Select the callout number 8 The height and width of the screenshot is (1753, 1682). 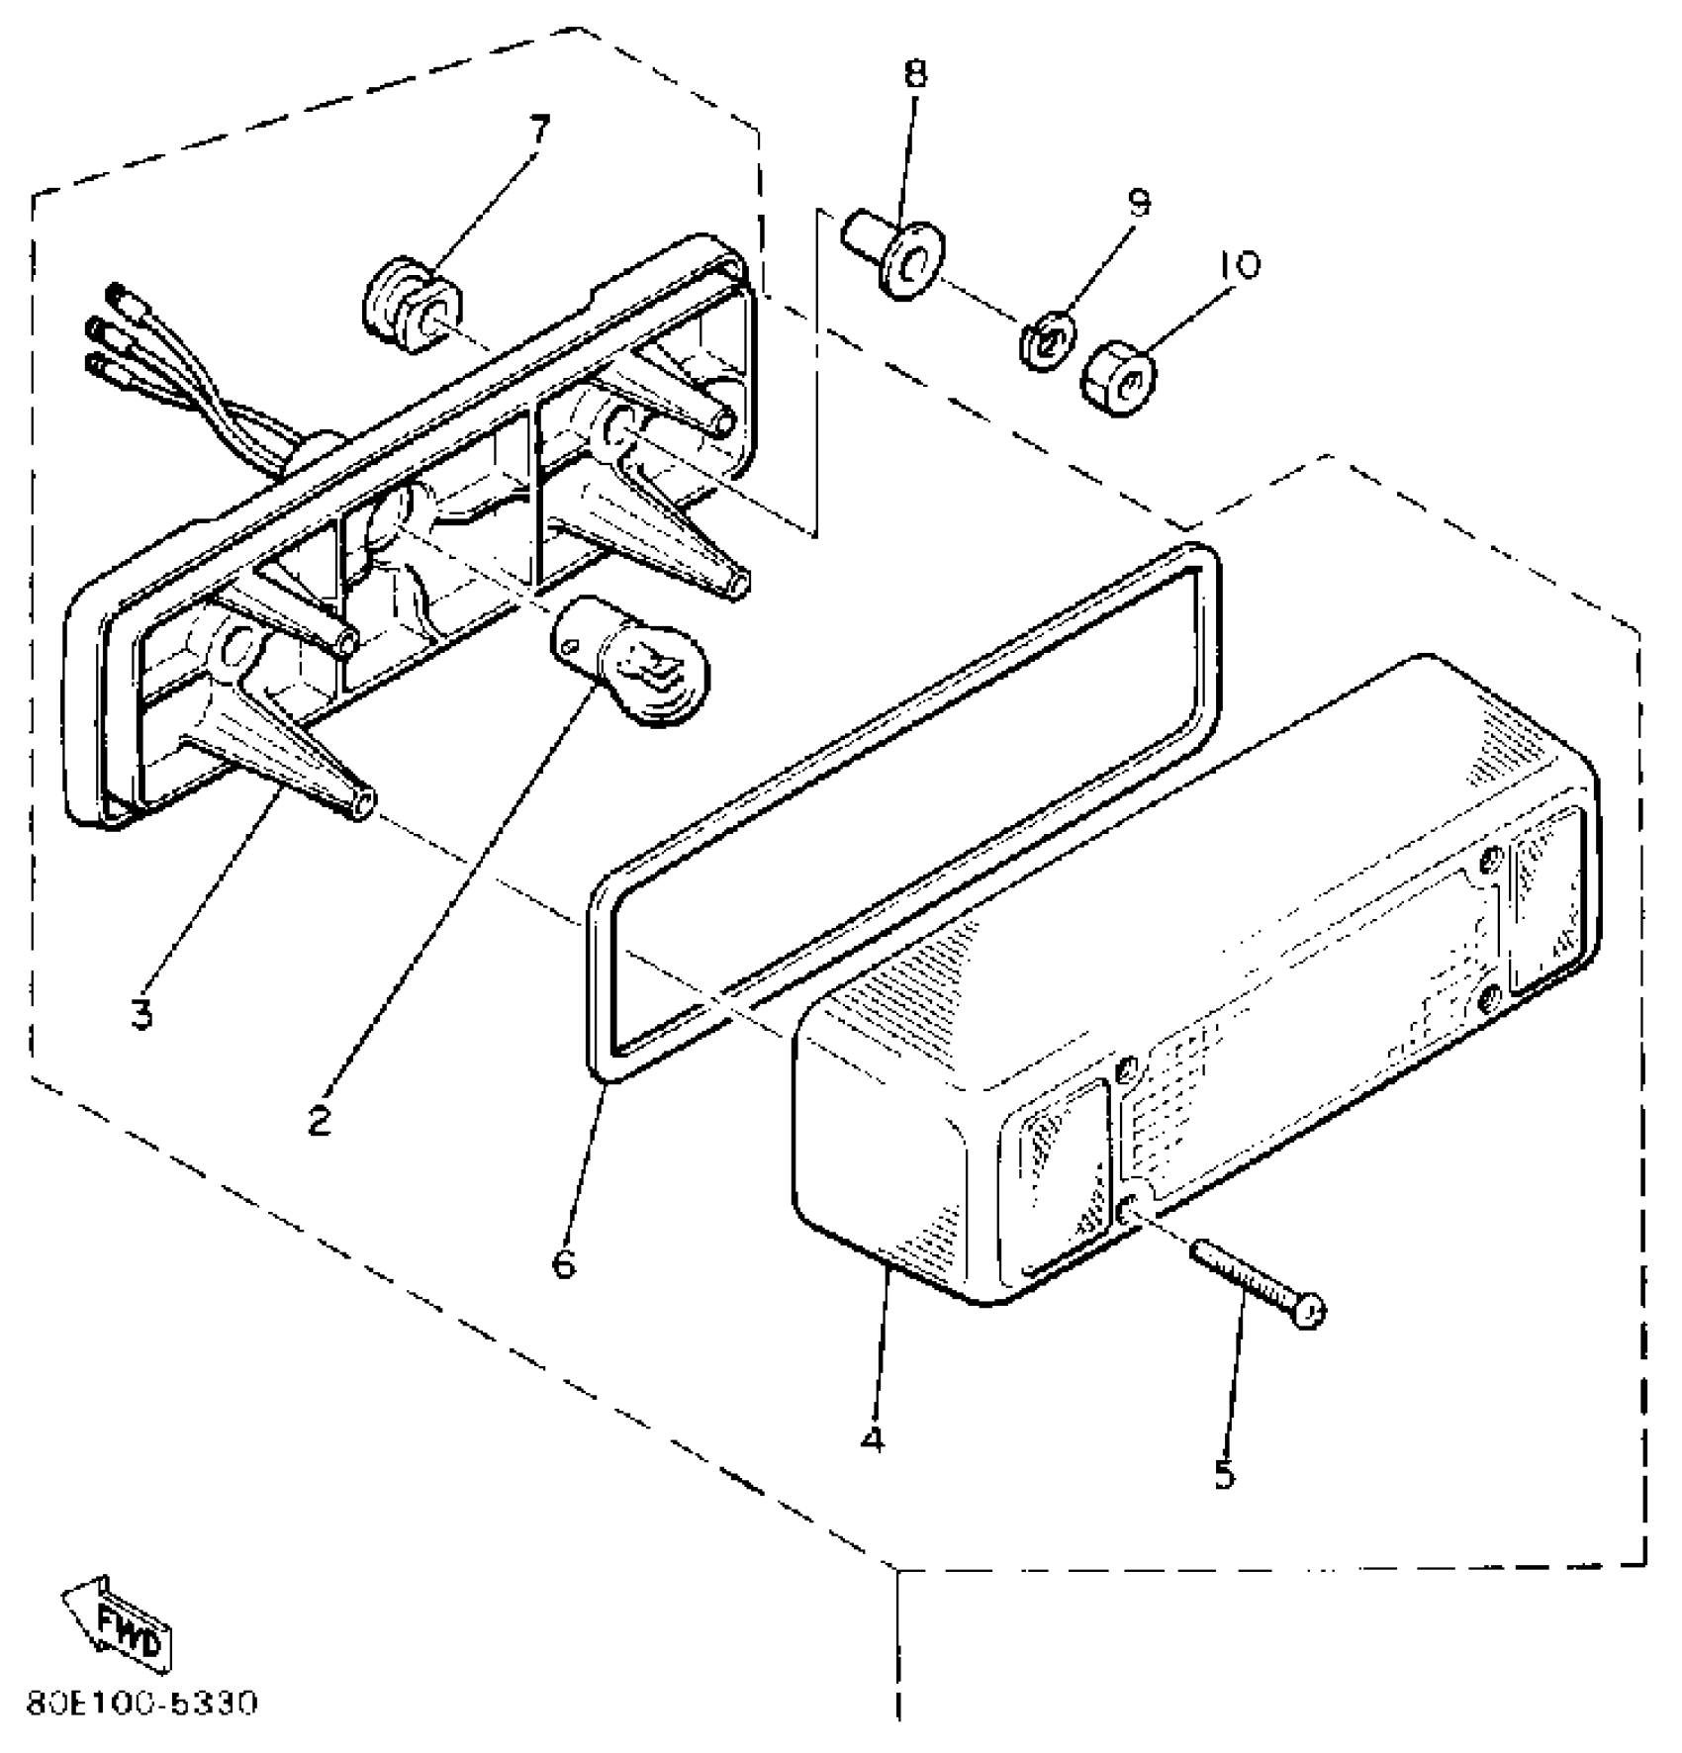click(x=916, y=73)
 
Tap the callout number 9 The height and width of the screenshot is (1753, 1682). click(x=1139, y=205)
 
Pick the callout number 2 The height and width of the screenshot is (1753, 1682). click(x=318, y=1121)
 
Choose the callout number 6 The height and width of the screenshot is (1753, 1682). click(x=563, y=1262)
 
